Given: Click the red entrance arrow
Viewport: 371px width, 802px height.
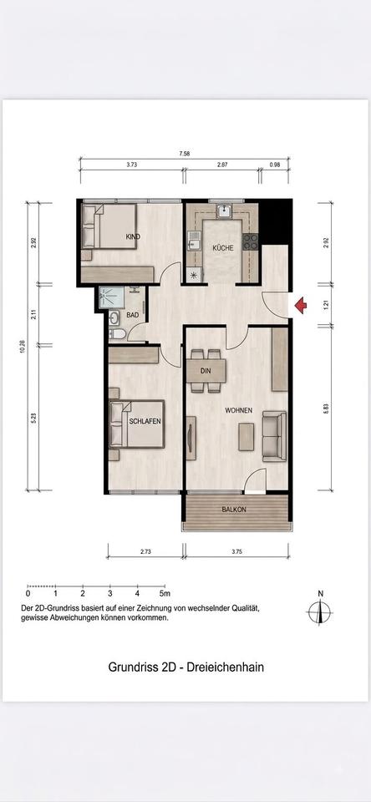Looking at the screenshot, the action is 301,306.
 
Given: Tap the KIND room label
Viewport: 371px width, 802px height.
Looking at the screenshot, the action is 133,236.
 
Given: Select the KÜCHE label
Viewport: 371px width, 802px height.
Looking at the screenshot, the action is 223,247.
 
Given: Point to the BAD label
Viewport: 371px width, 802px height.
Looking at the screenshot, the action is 133,316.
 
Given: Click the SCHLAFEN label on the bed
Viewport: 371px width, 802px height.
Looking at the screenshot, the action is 145,421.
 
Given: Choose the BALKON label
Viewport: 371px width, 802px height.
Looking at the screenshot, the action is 234,510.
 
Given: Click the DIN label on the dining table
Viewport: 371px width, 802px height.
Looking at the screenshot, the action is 206,370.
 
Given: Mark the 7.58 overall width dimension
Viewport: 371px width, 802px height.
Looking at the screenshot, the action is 184,153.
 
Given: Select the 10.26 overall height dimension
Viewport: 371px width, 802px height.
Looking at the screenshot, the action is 23,346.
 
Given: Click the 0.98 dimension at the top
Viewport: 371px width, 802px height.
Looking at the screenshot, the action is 275,165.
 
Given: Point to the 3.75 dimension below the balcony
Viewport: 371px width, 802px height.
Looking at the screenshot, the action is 236,552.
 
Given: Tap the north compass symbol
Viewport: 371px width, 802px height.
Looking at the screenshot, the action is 320,609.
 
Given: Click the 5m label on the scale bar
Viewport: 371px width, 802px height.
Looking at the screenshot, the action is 165,594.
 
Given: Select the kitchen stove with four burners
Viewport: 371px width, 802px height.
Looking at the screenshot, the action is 250,241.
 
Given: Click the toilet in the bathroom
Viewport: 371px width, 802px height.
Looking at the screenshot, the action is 117,334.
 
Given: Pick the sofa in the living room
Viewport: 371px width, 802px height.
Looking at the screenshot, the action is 274,434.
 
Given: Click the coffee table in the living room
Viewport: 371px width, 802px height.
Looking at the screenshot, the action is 246,437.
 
